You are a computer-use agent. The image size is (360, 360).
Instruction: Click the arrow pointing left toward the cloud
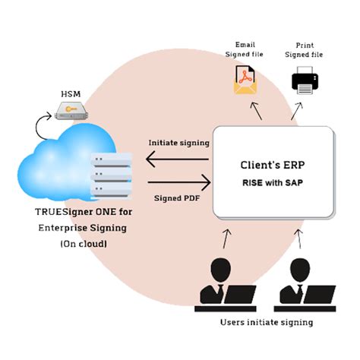coord(178,159)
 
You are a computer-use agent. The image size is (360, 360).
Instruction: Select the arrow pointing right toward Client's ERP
coord(178,182)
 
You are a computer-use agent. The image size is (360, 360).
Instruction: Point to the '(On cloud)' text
coord(73,244)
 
